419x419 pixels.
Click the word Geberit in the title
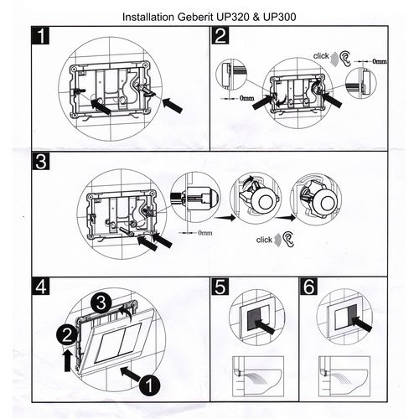click(195, 18)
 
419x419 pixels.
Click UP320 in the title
click(233, 17)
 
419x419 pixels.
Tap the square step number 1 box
click(40, 35)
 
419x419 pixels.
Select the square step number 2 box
click(220, 35)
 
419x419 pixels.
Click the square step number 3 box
click(41, 161)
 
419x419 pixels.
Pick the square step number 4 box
click(41, 286)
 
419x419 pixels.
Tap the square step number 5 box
click(220, 287)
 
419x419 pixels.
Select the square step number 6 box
click(308, 287)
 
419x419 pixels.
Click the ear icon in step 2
click(345, 59)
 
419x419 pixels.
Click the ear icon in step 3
click(288, 239)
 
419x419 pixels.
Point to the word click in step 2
click(321, 56)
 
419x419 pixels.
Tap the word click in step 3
click(264, 240)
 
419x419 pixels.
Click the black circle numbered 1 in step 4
click(149, 385)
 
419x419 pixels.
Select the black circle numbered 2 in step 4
click(67, 335)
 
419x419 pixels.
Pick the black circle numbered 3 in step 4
click(101, 303)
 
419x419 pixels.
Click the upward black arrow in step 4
click(67, 361)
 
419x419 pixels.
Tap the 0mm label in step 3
click(205, 233)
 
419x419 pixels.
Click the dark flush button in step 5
click(254, 319)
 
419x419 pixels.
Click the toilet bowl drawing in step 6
click(344, 376)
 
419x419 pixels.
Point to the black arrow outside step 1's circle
click(173, 106)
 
